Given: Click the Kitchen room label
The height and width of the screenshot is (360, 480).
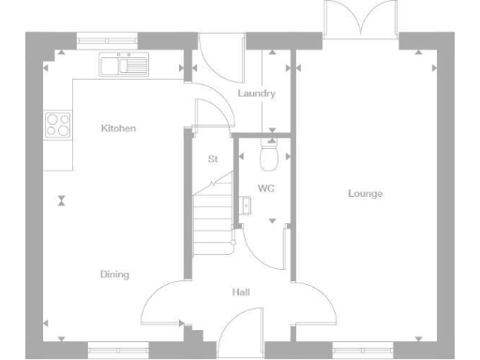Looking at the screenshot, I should tap(118, 127).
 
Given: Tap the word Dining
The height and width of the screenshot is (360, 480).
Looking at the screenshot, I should tap(114, 274).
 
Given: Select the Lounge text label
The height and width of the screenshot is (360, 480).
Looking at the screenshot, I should tap(365, 193).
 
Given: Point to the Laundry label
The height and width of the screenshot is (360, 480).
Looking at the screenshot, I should tap(256, 94).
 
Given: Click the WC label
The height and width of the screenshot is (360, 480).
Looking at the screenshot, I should tap(265, 188).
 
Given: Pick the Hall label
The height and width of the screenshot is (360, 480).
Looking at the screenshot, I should tap(241, 292).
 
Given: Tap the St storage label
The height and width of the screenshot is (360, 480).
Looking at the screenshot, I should tap(213, 158).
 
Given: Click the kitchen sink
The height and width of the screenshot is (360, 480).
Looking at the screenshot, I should tap(125, 65).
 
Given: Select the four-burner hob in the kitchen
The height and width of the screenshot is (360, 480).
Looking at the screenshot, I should tap(57, 125).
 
